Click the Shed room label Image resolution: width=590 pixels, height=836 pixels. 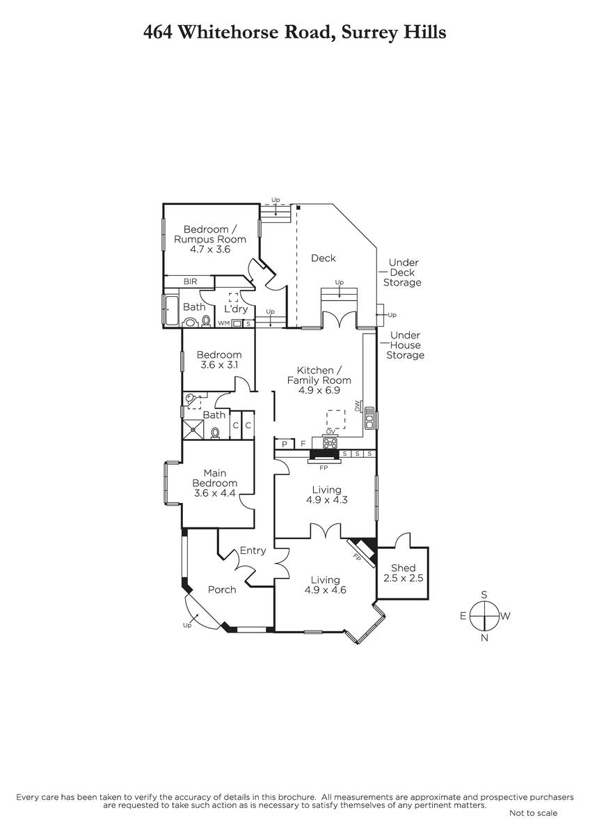(x=403, y=568)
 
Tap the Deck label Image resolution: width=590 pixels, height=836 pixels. (x=323, y=258)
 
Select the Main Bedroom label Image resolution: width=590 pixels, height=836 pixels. (x=215, y=478)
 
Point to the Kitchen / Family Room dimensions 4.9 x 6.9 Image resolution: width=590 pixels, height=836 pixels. (x=319, y=390)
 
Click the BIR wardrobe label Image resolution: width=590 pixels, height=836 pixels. (x=190, y=281)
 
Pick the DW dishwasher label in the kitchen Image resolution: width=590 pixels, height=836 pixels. (x=357, y=405)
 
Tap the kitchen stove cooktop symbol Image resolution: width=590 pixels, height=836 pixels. (x=330, y=442)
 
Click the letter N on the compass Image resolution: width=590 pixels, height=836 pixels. (x=484, y=638)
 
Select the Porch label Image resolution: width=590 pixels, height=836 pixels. (x=222, y=589)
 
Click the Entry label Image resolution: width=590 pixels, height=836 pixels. (x=253, y=550)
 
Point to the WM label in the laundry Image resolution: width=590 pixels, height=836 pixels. (x=223, y=323)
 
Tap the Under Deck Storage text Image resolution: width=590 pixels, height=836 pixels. (x=402, y=272)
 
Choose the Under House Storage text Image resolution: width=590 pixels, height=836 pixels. (x=405, y=346)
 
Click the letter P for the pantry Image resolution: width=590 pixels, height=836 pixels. (x=285, y=444)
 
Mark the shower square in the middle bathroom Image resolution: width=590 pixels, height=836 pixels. (x=193, y=429)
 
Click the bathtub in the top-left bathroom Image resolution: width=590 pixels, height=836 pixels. (x=172, y=310)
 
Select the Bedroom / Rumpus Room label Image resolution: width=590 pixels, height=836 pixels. (x=210, y=239)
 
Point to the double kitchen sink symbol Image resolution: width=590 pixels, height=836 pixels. (x=369, y=419)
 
